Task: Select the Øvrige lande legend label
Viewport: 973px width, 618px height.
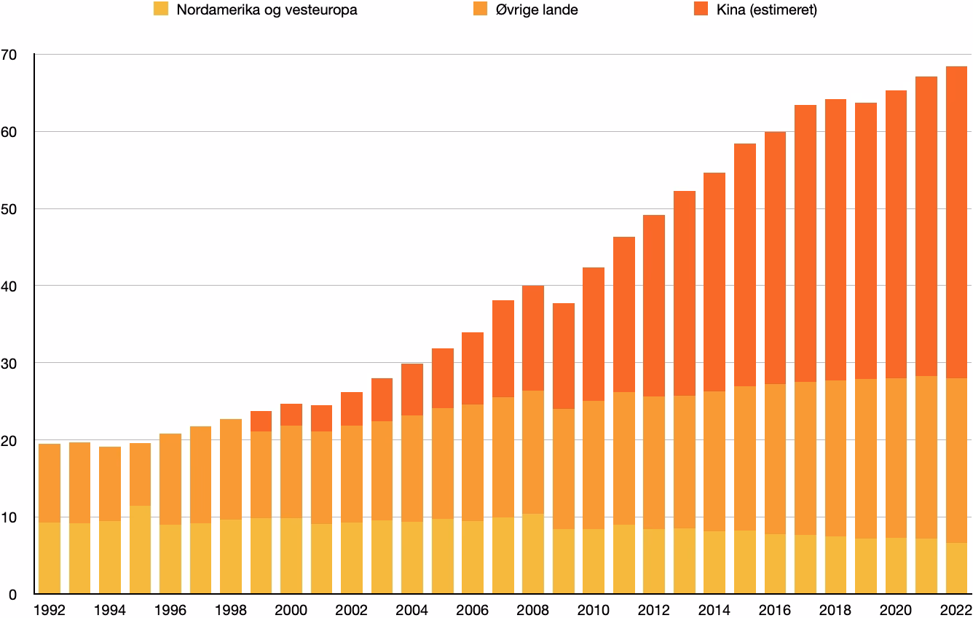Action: [x=537, y=9]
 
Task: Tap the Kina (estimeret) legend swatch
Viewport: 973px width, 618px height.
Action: [x=701, y=9]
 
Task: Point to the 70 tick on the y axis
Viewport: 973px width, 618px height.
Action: [x=9, y=55]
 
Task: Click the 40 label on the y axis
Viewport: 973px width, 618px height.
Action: [x=9, y=286]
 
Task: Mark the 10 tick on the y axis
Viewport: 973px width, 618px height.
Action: [x=9, y=517]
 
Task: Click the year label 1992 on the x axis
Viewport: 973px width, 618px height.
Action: [x=49, y=610]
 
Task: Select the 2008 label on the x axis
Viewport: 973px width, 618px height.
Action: [x=532, y=610]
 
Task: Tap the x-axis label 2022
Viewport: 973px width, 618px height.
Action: [x=956, y=610]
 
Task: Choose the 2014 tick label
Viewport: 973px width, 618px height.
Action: [x=714, y=610]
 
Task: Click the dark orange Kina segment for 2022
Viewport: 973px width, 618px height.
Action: [x=956, y=222]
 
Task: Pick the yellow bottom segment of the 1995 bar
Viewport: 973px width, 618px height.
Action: [x=141, y=549]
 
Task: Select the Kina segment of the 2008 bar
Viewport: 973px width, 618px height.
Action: [x=533, y=338]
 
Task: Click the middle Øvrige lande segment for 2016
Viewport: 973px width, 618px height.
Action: [x=776, y=459]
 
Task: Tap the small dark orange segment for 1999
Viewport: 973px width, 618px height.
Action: [x=261, y=421]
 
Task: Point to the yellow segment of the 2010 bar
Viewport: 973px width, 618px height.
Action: [x=594, y=561]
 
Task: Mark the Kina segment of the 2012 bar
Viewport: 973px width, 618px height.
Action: [x=654, y=305]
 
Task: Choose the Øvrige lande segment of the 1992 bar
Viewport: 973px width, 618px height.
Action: [x=50, y=483]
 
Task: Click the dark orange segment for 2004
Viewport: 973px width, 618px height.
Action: [x=412, y=389]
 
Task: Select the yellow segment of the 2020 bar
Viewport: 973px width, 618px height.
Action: [x=896, y=566]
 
